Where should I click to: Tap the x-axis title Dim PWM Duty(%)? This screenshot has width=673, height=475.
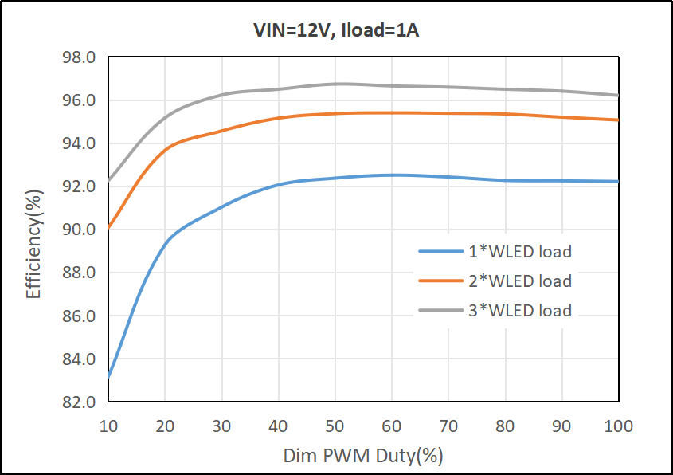pyautogui.click(x=363, y=457)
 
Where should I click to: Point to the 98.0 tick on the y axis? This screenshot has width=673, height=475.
pyautogui.click(x=80, y=58)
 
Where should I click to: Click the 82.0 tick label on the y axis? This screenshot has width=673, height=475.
pyautogui.click(x=80, y=402)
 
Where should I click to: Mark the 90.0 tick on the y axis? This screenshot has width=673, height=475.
pyautogui.click(x=80, y=230)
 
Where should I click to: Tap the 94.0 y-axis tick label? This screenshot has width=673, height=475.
pyautogui.click(x=80, y=144)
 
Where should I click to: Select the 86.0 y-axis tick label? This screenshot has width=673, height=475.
pyautogui.click(x=80, y=316)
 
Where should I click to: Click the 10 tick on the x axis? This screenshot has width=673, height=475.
pyautogui.click(x=108, y=426)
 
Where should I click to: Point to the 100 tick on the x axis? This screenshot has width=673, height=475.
pyautogui.click(x=618, y=426)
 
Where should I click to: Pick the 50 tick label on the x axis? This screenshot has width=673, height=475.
pyautogui.click(x=335, y=426)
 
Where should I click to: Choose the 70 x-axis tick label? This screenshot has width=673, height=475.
pyautogui.click(x=448, y=426)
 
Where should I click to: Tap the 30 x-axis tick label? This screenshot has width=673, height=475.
pyautogui.click(x=222, y=426)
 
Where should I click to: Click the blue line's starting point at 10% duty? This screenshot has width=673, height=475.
pyautogui.click(x=109, y=376)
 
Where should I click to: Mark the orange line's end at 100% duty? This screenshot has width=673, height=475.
pyautogui.click(x=618, y=120)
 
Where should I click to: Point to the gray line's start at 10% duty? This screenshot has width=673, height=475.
pyautogui.click(x=109, y=180)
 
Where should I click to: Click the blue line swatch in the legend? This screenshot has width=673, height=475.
pyautogui.click(x=441, y=252)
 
